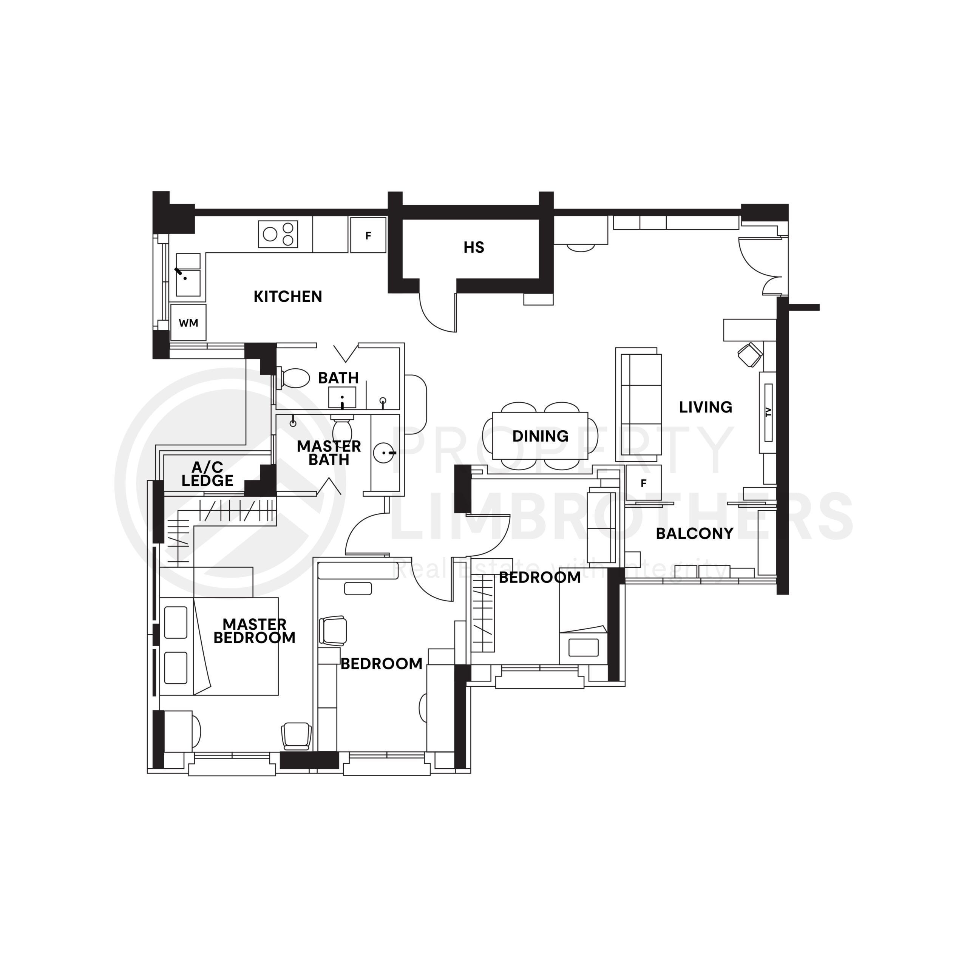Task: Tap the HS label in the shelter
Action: (473, 247)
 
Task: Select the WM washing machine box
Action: (188, 323)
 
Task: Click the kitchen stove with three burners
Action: (278, 234)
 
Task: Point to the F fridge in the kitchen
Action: (368, 235)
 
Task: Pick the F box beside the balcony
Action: (643, 483)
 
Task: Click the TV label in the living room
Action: (768, 412)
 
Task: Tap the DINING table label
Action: (540, 436)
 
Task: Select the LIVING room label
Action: (705, 407)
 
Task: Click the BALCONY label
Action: (694, 534)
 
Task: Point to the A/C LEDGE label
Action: (207, 474)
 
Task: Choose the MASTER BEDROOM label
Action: (254, 631)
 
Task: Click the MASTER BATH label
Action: (329, 453)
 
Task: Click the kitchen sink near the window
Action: (188, 283)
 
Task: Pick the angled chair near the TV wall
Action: (750, 355)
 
